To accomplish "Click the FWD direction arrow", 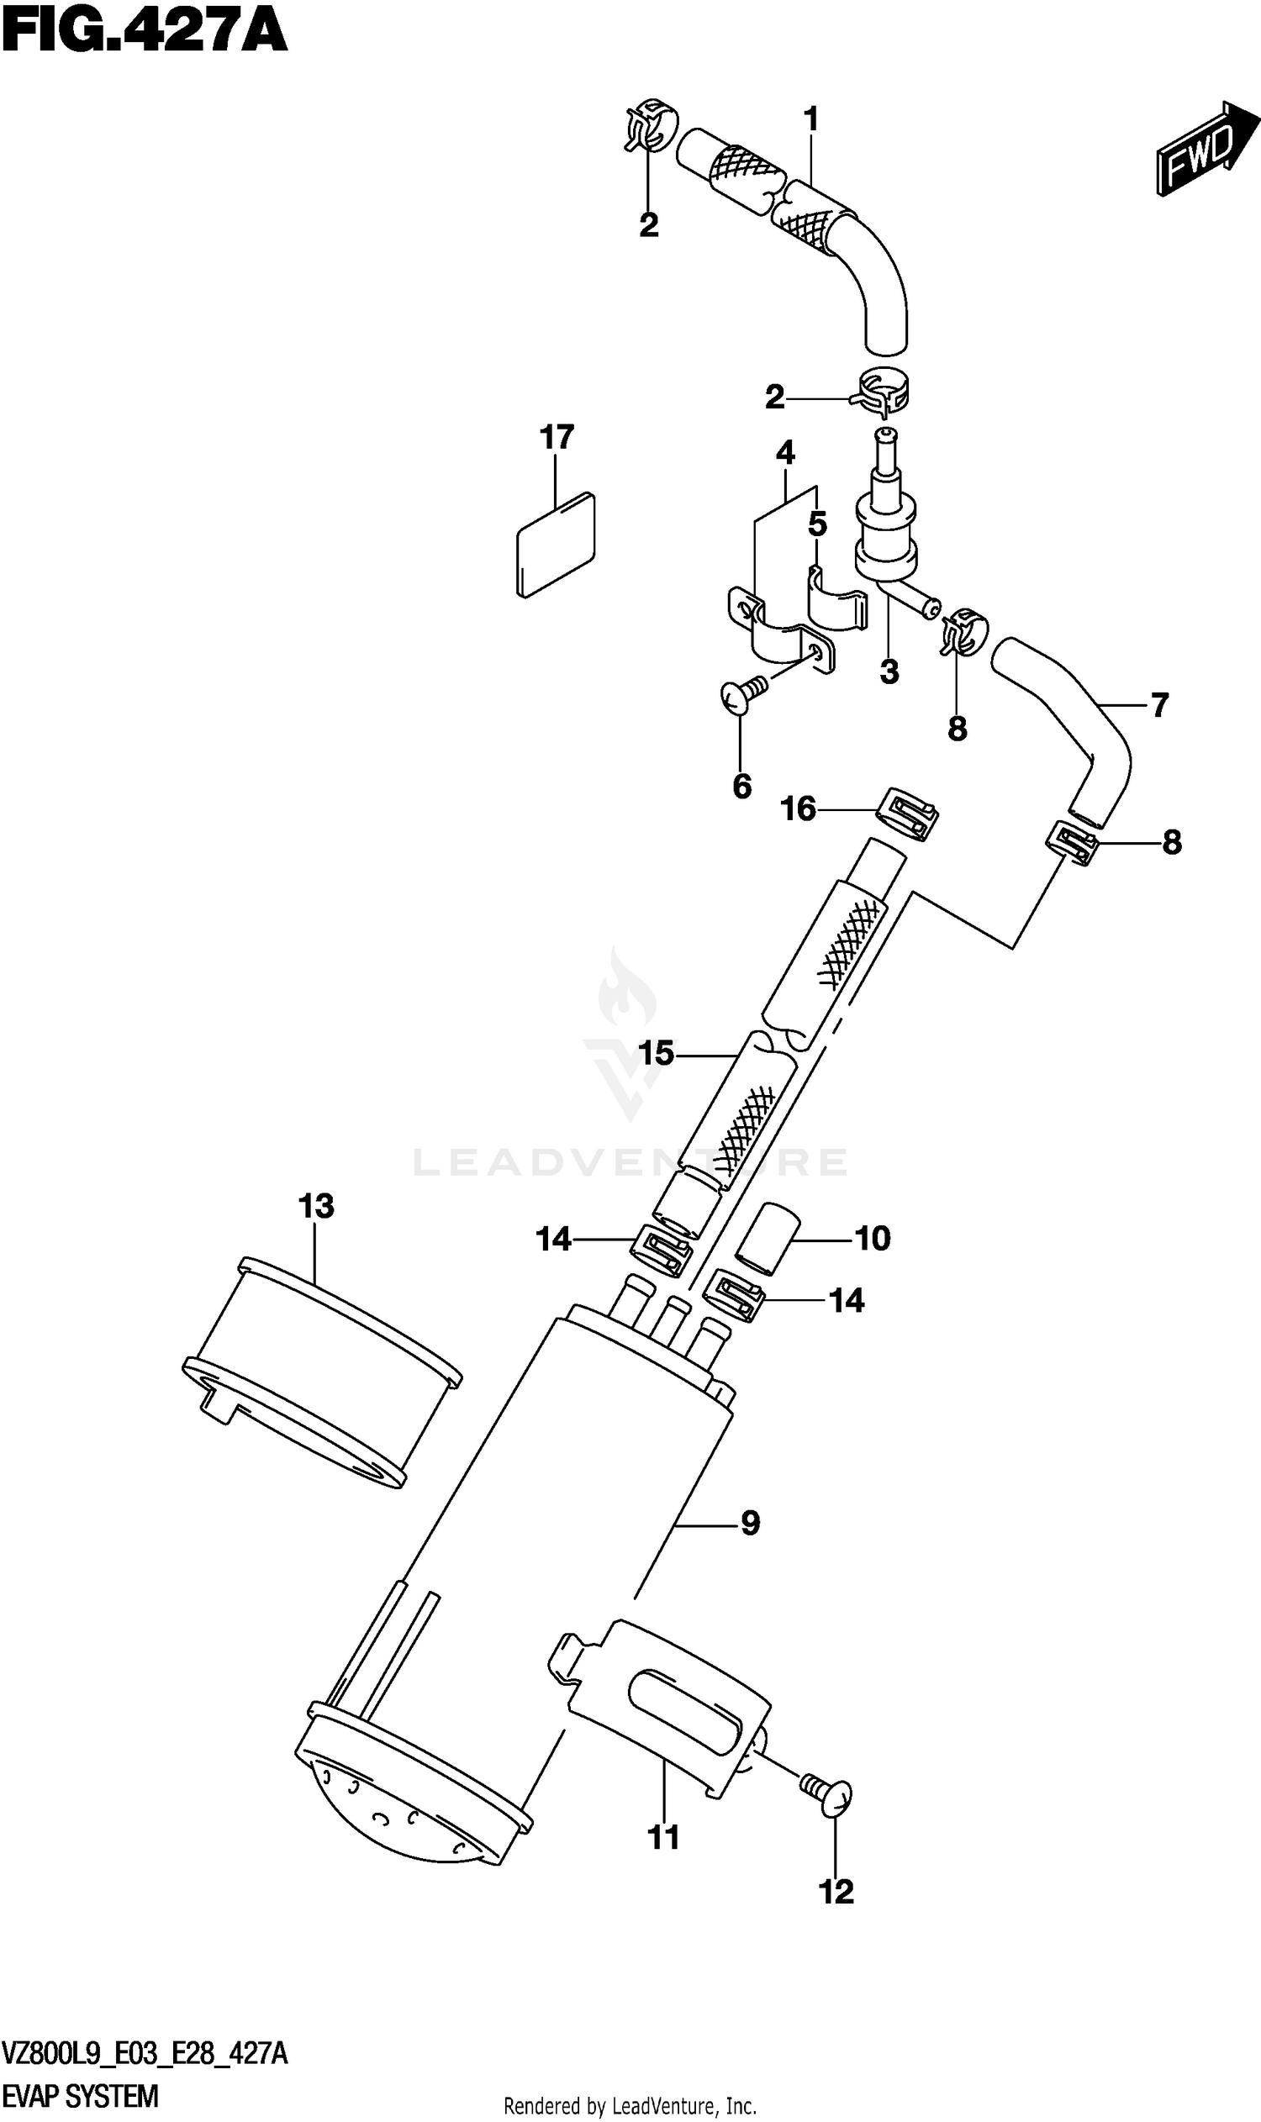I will point(1205,150).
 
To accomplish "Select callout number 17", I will point(557,438).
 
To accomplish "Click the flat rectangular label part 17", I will point(556,545).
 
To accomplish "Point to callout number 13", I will point(316,1205).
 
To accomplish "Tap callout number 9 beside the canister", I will point(750,1522).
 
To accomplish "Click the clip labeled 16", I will point(907,814).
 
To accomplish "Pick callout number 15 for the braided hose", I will point(655,1053).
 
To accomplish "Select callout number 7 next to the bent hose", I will point(1159,704).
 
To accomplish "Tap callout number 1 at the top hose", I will point(810,119).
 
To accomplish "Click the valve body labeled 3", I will point(886,534).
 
